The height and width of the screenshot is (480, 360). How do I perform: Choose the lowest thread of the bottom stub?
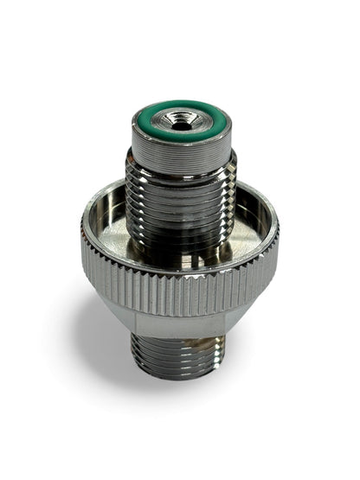pos(179,374)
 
